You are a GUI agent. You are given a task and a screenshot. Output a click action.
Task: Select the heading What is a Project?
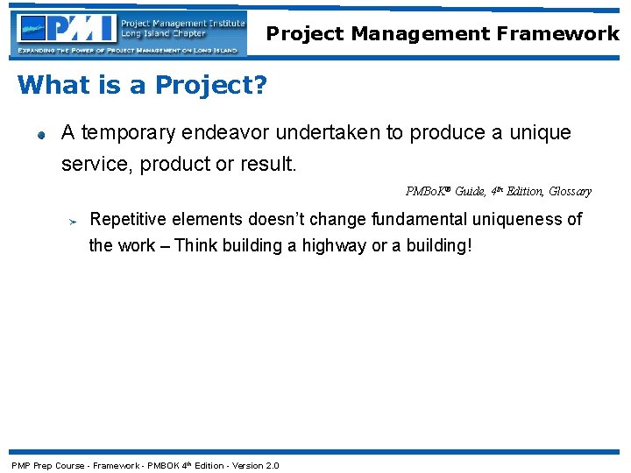point(142,85)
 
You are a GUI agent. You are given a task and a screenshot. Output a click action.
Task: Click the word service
point(90,164)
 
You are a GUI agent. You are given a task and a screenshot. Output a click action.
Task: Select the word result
point(272,164)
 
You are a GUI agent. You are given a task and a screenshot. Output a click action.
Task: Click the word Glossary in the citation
point(570,191)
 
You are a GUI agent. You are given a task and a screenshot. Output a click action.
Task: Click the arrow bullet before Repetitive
point(74,221)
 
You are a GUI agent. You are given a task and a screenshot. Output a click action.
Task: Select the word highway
point(334,245)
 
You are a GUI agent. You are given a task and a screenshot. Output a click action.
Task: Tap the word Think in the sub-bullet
point(195,245)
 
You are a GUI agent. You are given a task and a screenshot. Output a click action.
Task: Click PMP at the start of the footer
point(20,465)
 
